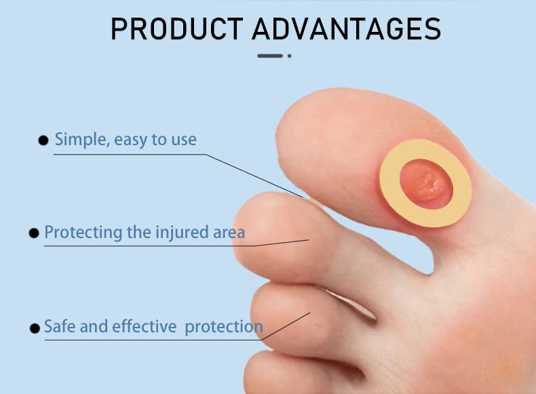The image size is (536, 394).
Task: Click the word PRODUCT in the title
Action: coord(176,28)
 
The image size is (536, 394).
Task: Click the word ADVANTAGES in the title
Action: coord(347,28)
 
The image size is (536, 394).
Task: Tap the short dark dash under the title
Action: coord(270,56)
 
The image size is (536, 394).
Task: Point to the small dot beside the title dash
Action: coord(290,56)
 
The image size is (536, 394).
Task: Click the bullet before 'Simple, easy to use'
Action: coord(43,140)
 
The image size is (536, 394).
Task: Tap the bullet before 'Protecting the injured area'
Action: coord(34,233)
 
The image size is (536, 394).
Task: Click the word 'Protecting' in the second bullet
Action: coord(83,233)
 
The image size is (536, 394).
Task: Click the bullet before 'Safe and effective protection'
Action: coord(35,328)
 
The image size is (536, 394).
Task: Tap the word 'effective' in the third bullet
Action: coord(145,326)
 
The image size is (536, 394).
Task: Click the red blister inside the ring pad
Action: coord(427,184)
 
